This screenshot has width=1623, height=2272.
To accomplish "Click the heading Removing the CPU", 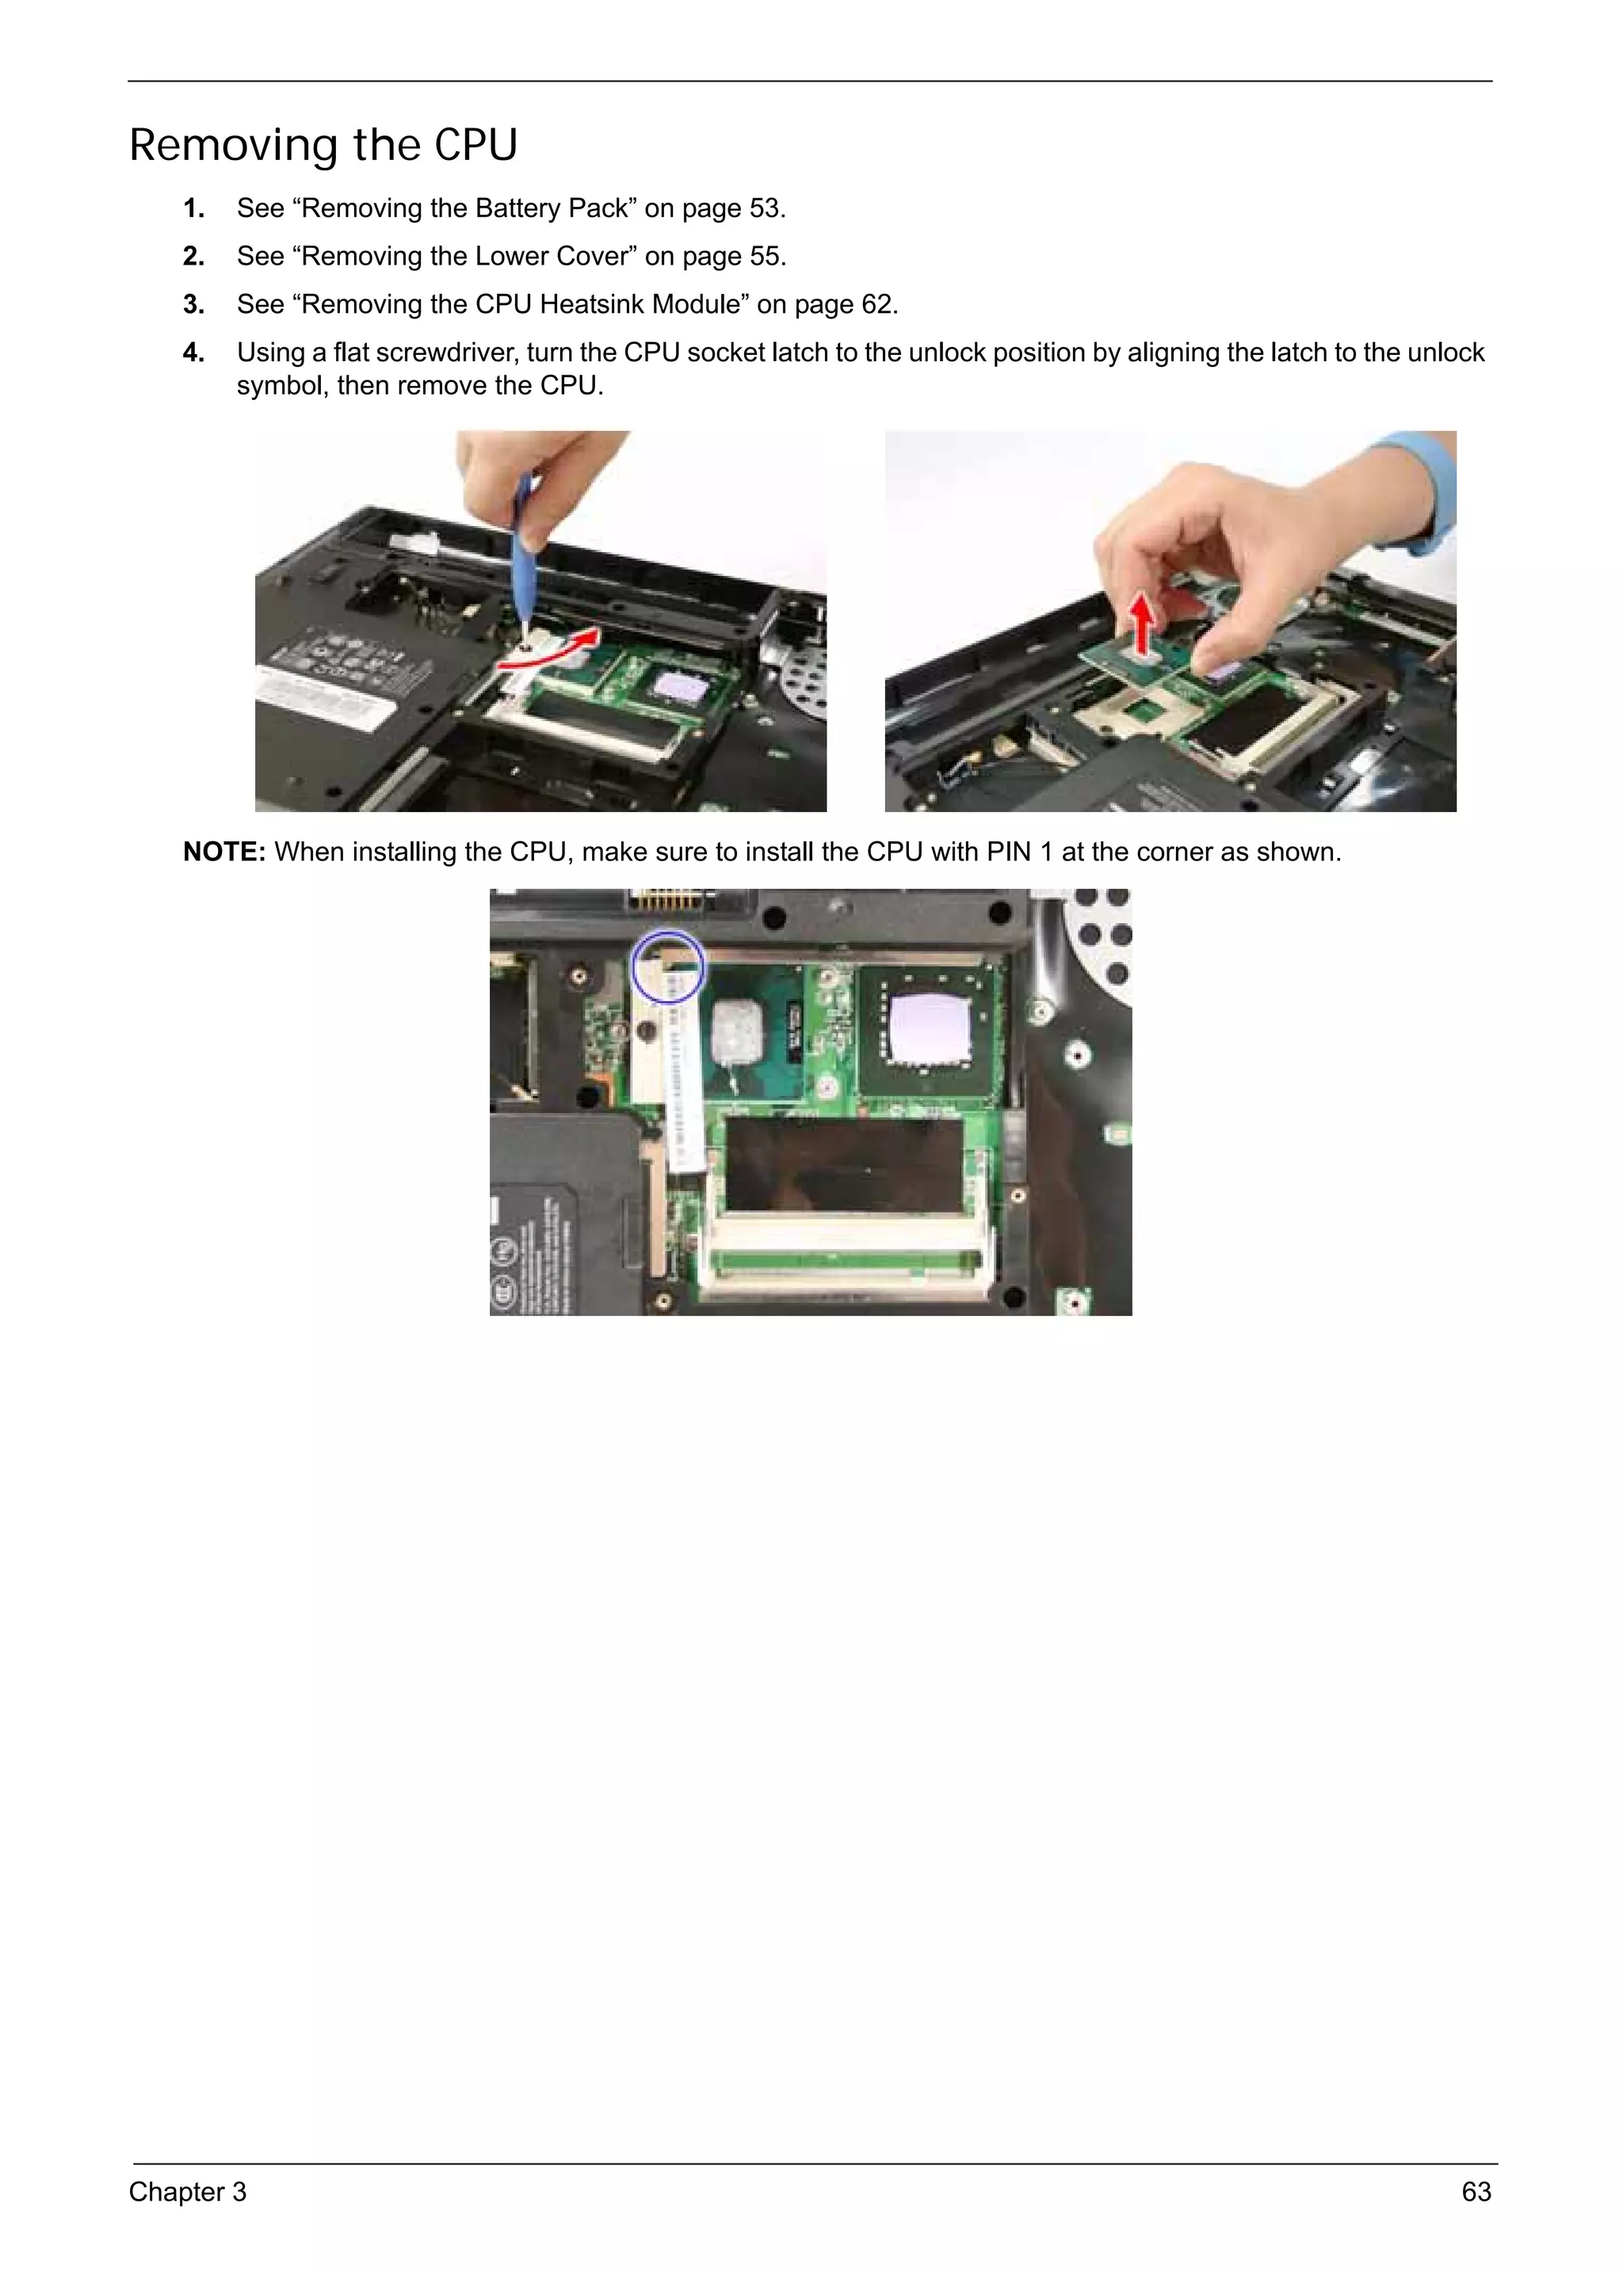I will pyautogui.click(x=323, y=146).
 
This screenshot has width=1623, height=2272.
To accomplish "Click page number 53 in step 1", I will pyautogui.click(x=765, y=209).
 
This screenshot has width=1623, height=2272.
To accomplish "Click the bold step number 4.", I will pyautogui.click(x=193, y=353).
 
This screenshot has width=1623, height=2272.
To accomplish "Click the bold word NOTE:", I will pyautogui.click(x=223, y=852).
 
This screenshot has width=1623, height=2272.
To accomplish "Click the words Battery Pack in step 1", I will pyautogui.click(x=555, y=209).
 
